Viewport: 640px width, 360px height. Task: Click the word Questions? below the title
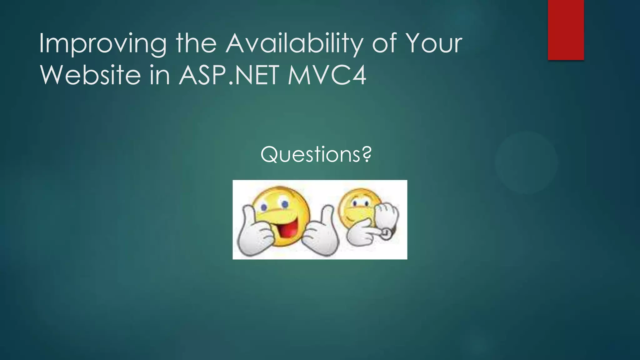pos(316,154)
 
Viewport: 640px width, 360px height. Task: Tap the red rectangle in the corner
pos(566,30)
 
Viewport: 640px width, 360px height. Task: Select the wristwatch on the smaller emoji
pos(387,234)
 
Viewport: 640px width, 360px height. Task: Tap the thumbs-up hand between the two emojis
pos(322,234)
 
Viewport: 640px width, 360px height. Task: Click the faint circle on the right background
pos(526,162)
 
